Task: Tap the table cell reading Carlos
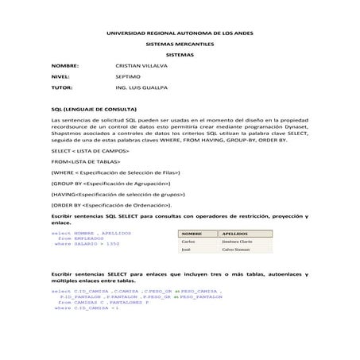[x=188, y=242]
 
